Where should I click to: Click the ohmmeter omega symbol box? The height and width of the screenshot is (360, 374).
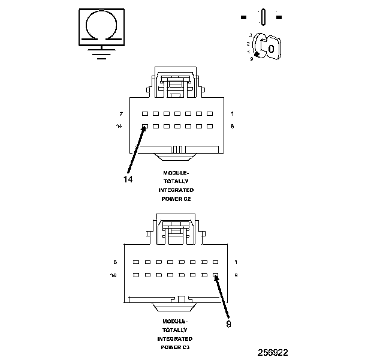(x=100, y=26)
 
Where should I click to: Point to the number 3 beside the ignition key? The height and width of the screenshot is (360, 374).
(x=251, y=35)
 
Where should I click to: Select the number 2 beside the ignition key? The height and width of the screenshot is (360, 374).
(x=248, y=44)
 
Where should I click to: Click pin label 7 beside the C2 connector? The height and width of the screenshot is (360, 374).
(x=120, y=113)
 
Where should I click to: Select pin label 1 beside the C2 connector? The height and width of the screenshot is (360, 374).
(x=232, y=113)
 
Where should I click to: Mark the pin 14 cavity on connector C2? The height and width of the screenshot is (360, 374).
(x=144, y=127)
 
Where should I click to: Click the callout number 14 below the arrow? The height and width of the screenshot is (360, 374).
(x=128, y=178)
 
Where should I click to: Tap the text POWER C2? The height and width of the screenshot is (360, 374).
(x=176, y=198)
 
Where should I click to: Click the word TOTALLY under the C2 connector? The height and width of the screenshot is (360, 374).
(x=176, y=181)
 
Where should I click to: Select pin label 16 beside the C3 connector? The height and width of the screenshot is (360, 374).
(x=114, y=275)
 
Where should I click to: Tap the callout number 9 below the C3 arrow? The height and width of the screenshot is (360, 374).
(x=228, y=324)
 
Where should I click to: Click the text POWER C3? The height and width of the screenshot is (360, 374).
(x=176, y=347)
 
